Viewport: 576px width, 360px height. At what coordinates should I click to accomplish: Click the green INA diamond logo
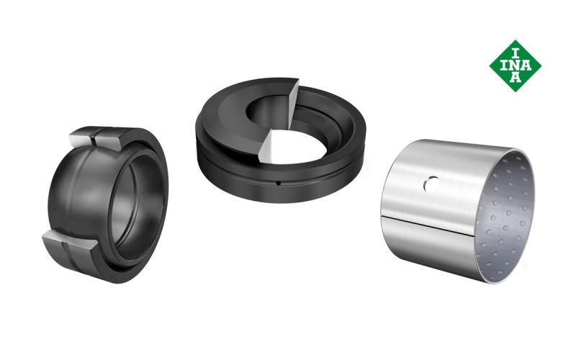click(x=515, y=66)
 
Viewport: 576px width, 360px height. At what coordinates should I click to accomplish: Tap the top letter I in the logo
click(x=516, y=54)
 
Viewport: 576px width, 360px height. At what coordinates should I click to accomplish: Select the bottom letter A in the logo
click(x=516, y=77)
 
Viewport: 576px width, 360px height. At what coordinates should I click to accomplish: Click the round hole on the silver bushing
click(x=431, y=184)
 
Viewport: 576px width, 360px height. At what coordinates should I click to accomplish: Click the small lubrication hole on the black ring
click(x=279, y=183)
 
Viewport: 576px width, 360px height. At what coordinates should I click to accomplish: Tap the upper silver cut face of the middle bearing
click(x=293, y=103)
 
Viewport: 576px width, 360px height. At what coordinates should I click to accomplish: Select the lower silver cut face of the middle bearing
click(x=271, y=145)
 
